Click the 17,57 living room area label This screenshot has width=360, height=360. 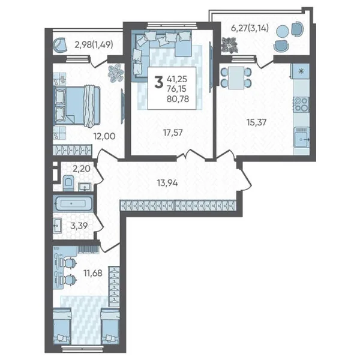point(173,133)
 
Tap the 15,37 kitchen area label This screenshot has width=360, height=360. point(256,122)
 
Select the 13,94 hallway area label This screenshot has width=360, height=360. point(167,183)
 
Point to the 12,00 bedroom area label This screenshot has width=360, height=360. point(104,136)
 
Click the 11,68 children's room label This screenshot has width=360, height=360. point(93,273)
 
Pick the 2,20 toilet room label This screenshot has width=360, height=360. point(82,169)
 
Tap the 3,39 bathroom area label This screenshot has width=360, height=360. point(79,226)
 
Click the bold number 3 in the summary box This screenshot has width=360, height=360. point(158,83)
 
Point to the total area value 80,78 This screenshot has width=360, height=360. point(178,99)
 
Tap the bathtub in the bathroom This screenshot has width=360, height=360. point(73,203)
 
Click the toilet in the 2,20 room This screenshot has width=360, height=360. point(68,183)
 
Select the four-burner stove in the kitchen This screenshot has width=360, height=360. point(301,104)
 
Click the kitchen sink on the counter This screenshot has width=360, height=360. point(302,137)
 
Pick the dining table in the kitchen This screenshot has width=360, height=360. point(236,78)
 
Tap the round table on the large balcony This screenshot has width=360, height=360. point(282,31)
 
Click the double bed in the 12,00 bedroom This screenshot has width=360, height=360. point(77,106)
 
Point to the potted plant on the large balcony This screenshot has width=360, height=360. point(229,45)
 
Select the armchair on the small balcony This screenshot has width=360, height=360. point(59,45)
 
